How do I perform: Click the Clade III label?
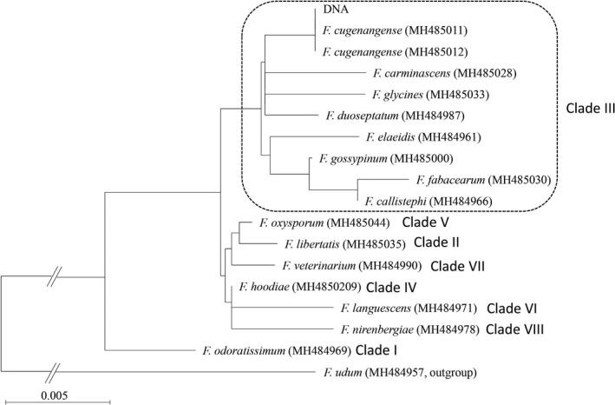coord(586,111)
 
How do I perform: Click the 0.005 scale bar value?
coord(56,393)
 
